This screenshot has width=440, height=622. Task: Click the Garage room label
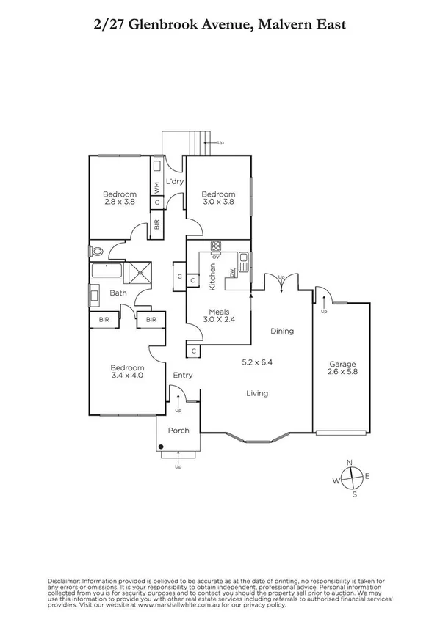coord(342,364)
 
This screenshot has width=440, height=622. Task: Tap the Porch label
coord(179,430)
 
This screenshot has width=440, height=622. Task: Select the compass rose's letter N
coord(350,461)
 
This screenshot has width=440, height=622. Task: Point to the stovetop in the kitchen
coord(217,246)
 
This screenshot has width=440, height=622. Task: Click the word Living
coord(257,393)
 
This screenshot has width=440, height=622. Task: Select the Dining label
coord(281,331)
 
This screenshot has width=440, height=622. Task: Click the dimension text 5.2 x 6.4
coord(257,362)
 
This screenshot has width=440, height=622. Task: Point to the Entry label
coord(182,376)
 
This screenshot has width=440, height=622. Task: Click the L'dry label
coord(174,181)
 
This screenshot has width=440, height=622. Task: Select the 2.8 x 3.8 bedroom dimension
coord(119,203)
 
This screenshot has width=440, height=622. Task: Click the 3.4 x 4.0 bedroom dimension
coord(126,376)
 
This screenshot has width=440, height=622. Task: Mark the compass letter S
coord(355,494)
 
